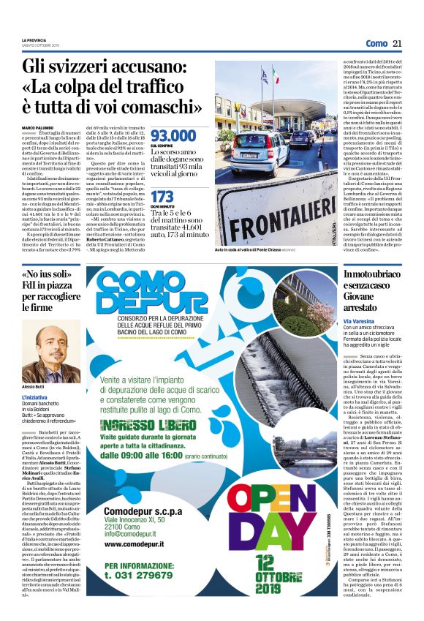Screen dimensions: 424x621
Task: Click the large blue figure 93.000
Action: click(173, 135)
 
